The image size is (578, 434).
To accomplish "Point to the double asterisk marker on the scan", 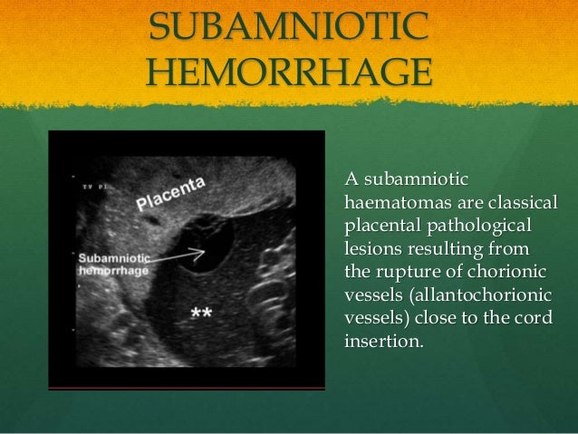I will [201, 313].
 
